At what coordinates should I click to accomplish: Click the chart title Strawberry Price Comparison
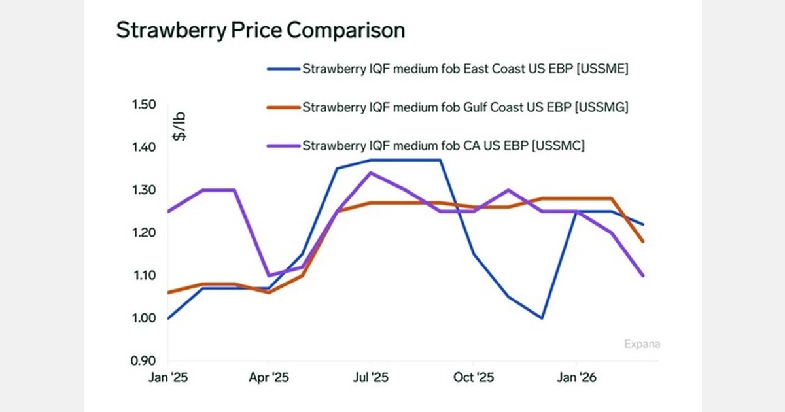(x=260, y=30)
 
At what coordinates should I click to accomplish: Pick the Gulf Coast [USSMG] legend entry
(x=464, y=108)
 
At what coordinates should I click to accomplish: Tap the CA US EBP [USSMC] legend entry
(x=443, y=145)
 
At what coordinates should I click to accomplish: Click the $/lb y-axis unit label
(x=179, y=127)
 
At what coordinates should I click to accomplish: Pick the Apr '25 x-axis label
(x=270, y=377)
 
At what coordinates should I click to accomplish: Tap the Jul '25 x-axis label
(x=371, y=377)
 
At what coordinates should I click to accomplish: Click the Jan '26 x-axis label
(x=575, y=377)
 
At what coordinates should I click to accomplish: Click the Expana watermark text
(x=642, y=343)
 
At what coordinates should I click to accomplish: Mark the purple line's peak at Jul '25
(x=371, y=173)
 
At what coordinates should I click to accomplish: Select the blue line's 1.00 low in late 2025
(x=542, y=318)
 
